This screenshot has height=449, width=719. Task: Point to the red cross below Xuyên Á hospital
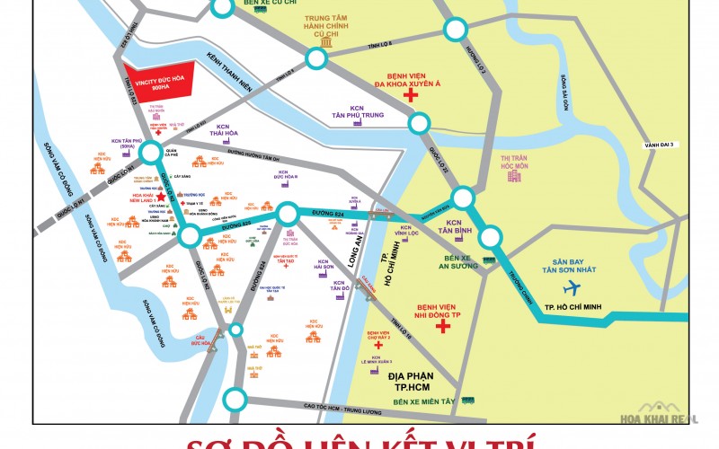(x=411, y=95)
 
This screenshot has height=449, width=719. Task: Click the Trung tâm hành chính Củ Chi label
(x=326, y=26)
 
